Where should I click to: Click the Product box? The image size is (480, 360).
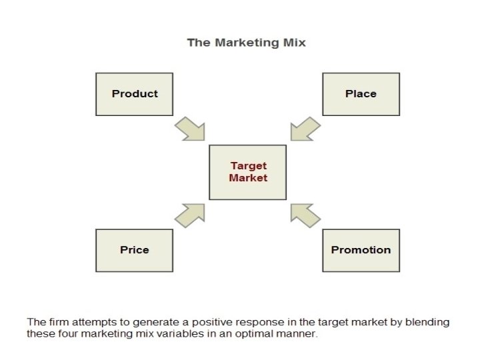pyautogui.click(x=134, y=94)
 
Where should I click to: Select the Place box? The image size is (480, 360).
pyautogui.click(x=361, y=94)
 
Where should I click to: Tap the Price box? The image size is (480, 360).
pyautogui.click(x=134, y=250)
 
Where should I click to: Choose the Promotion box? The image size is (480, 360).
pyautogui.click(x=361, y=250)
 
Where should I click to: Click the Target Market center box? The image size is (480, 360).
pyautogui.click(x=247, y=172)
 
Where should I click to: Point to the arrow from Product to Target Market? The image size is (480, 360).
pyautogui.click(x=190, y=128)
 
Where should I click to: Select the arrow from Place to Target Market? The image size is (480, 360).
pyautogui.click(x=305, y=128)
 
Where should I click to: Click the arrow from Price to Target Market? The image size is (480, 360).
pyautogui.click(x=190, y=215)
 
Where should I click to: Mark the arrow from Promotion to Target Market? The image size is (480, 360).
pyautogui.click(x=305, y=215)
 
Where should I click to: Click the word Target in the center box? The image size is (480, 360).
pyautogui.click(x=248, y=166)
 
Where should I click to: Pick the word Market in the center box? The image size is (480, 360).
pyautogui.click(x=248, y=178)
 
